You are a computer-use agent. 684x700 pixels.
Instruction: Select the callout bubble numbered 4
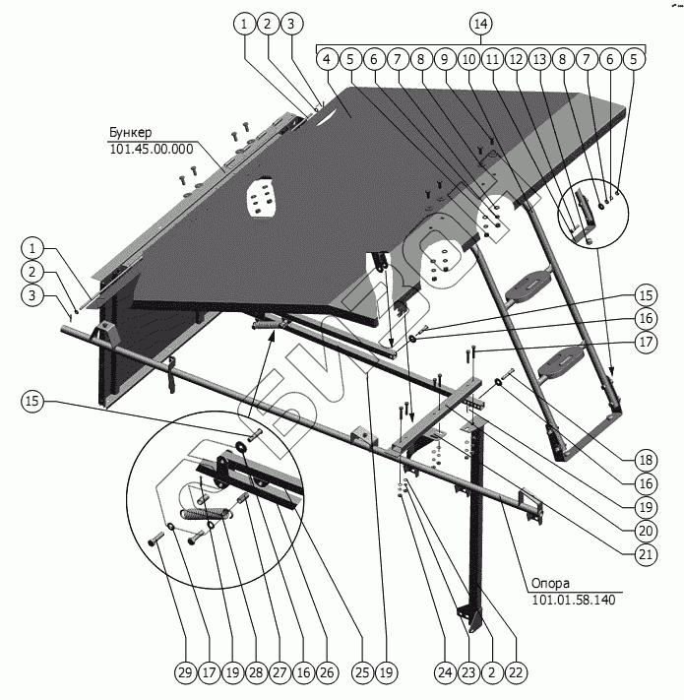(x=326, y=59)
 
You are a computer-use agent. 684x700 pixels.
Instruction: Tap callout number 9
(x=445, y=59)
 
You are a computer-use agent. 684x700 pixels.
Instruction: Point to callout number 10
(x=468, y=59)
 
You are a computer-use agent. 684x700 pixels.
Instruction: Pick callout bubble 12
(x=515, y=59)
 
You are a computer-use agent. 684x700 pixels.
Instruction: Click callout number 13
(x=538, y=59)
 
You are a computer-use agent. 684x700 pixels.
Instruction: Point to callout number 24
(x=444, y=673)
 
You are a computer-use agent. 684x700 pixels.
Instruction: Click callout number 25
(x=361, y=673)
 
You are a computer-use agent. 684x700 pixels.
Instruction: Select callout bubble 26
(x=327, y=673)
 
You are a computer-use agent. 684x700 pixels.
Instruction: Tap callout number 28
(x=255, y=673)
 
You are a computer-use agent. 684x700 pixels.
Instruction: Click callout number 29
(x=184, y=673)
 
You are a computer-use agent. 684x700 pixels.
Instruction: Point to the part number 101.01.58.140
(x=573, y=600)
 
